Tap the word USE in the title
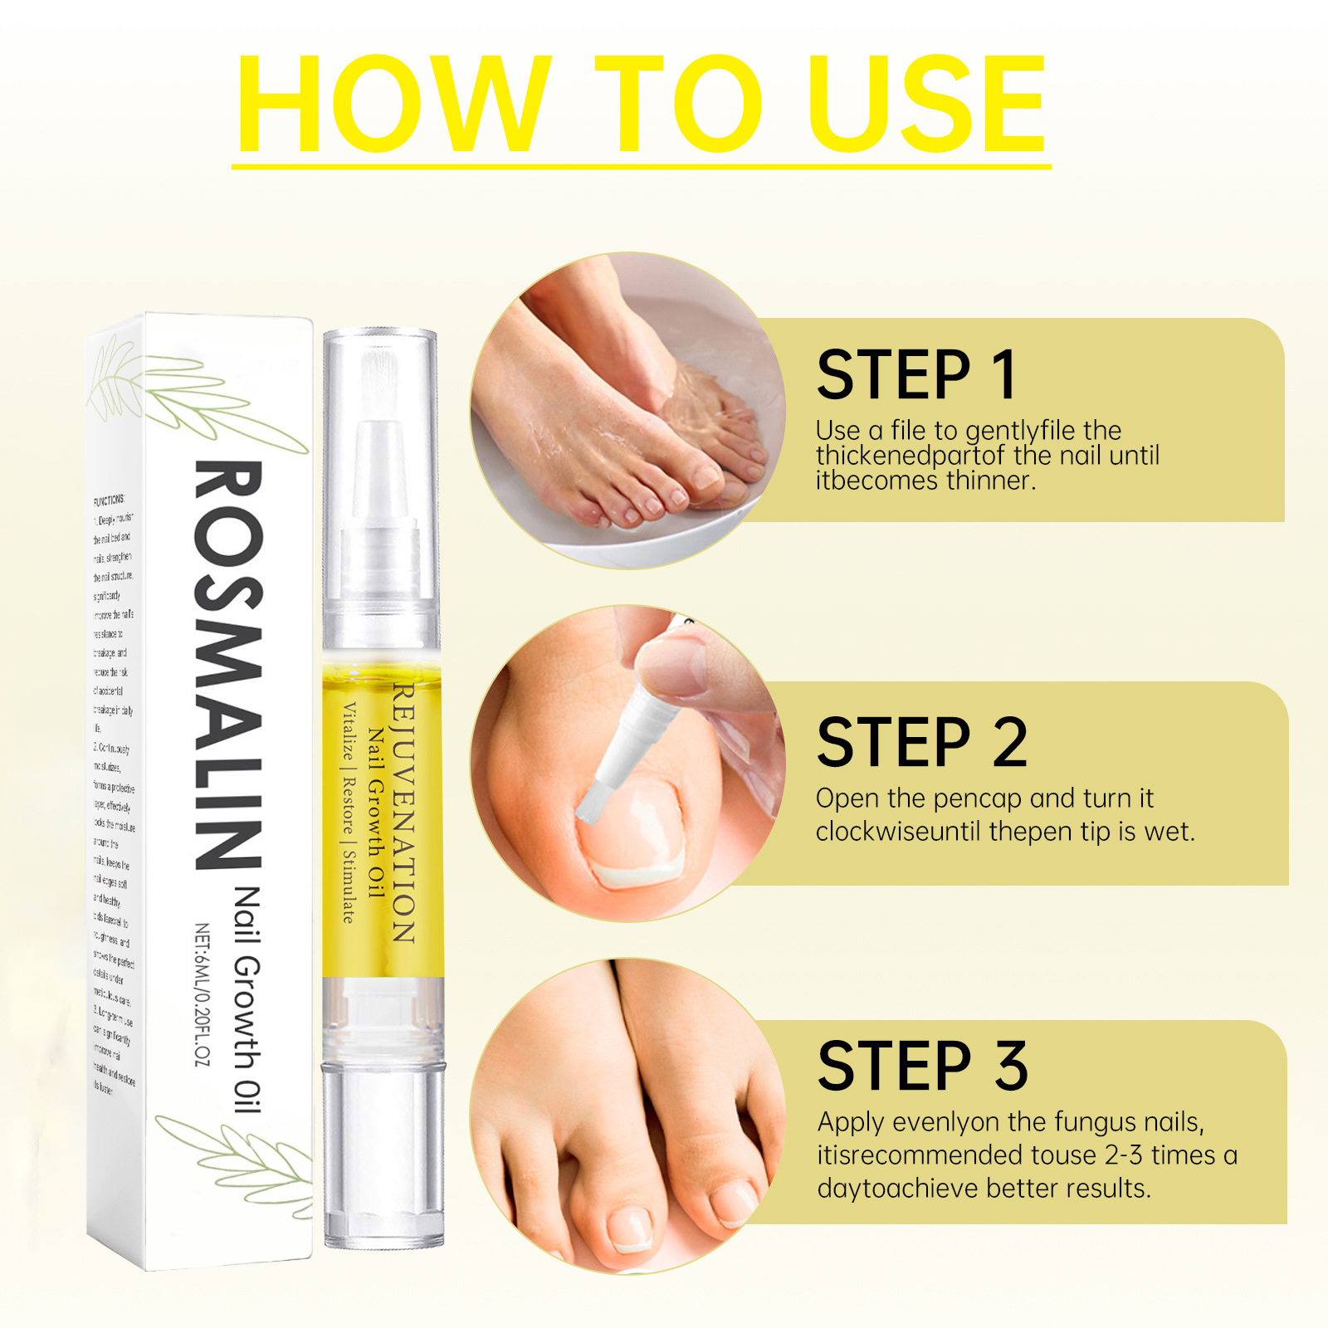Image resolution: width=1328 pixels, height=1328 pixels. (x=927, y=104)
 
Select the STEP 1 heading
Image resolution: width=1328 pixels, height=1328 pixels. (x=916, y=375)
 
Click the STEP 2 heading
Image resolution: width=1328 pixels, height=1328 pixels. (x=922, y=743)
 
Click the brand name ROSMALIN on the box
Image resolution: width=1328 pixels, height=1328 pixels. (x=228, y=664)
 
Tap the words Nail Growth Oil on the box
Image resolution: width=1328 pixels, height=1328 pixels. (x=247, y=999)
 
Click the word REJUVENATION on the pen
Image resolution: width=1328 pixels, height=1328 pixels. (x=403, y=813)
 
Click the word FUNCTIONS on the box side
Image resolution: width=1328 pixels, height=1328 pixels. (x=109, y=500)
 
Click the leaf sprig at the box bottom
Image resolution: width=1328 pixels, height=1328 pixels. (x=241, y=1154)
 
